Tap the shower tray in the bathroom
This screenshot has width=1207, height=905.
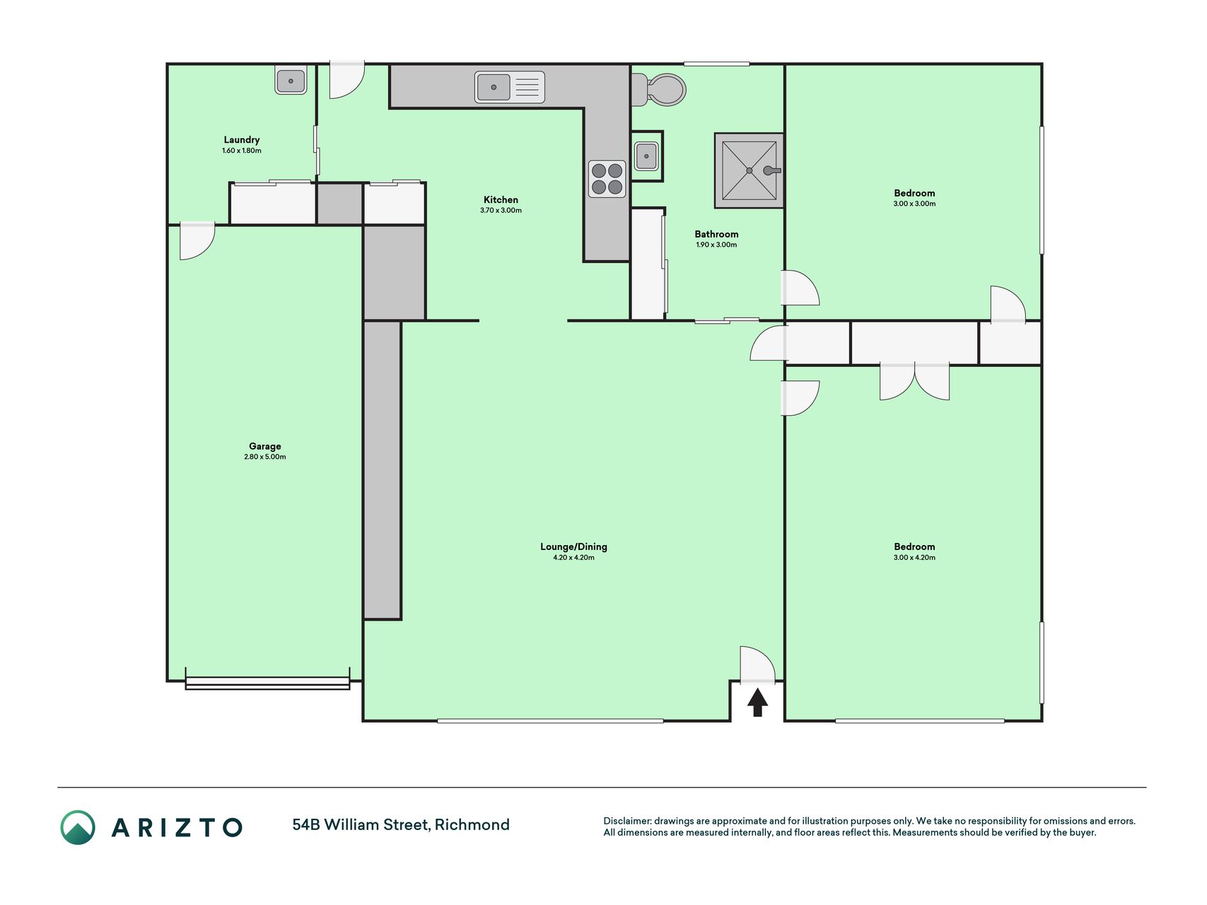click(749, 170)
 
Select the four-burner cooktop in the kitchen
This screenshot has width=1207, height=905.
click(607, 179)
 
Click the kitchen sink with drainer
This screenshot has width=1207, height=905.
click(509, 88)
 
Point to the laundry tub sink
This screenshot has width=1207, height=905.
click(291, 81)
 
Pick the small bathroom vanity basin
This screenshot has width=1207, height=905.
click(646, 156)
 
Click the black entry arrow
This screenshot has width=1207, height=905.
click(757, 702)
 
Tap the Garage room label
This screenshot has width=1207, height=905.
click(264, 446)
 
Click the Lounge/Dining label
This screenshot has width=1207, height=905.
click(573, 547)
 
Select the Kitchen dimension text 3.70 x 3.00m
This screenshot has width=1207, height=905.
click(501, 211)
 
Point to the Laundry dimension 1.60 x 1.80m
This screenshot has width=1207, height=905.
click(241, 151)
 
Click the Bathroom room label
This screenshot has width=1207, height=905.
click(716, 234)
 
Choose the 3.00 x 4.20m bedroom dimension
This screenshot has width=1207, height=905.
click(914, 558)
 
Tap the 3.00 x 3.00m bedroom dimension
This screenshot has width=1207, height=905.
click(914, 204)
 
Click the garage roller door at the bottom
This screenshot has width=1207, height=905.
click(267, 683)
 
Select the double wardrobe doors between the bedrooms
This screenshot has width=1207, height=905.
click(914, 382)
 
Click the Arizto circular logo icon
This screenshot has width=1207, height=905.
click(78, 827)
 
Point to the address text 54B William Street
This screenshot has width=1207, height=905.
click(360, 825)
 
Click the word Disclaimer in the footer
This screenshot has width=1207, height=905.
click(627, 821)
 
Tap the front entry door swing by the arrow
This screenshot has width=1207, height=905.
click(757, 665)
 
